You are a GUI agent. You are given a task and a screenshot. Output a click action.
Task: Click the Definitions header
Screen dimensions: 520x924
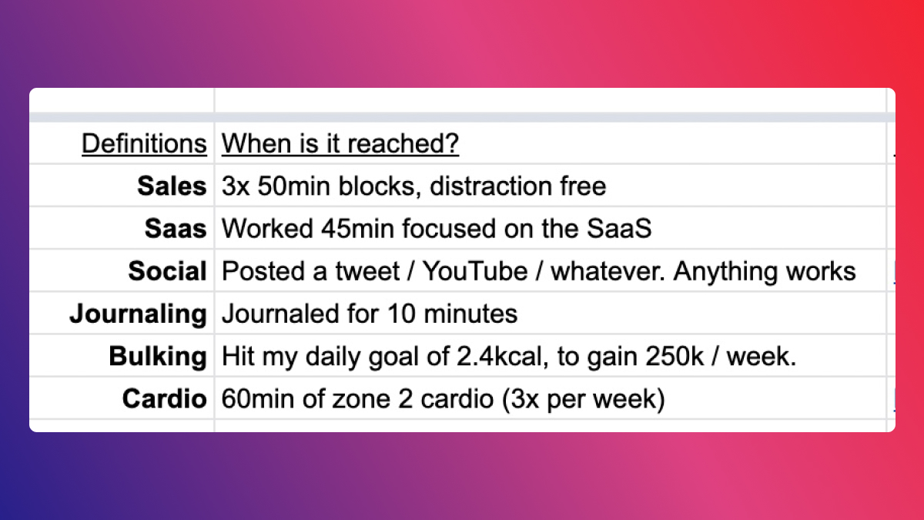[x=144, y=144]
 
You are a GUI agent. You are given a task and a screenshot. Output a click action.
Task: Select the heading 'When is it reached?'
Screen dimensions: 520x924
[x=340, y=144]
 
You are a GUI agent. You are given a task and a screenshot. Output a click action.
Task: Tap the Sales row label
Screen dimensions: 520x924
[x=172, y=186]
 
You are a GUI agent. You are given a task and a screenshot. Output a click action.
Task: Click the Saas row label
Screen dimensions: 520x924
[x=176, y=229]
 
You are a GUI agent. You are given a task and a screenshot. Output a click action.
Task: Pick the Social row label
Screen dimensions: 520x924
[x=167, y=271]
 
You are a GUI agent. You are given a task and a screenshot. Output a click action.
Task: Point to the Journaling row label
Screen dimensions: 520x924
[x=138, y=314]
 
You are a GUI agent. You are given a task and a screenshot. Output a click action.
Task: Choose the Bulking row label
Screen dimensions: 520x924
[x=158, y=357]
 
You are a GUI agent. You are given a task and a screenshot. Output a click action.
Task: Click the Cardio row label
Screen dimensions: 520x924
[x=164, y=399]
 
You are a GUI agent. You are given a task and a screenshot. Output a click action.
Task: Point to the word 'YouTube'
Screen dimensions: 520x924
[x=475, y=271]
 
